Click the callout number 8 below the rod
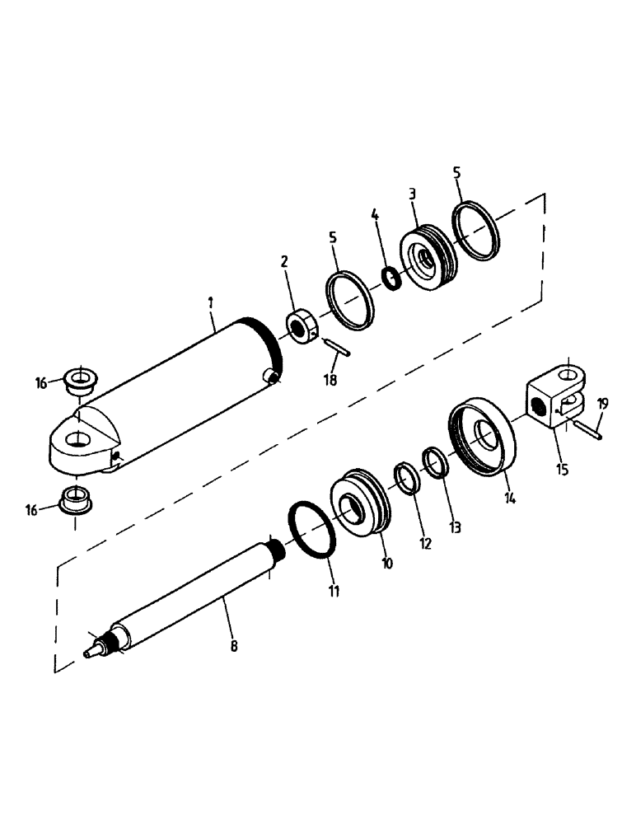(233, 647)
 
